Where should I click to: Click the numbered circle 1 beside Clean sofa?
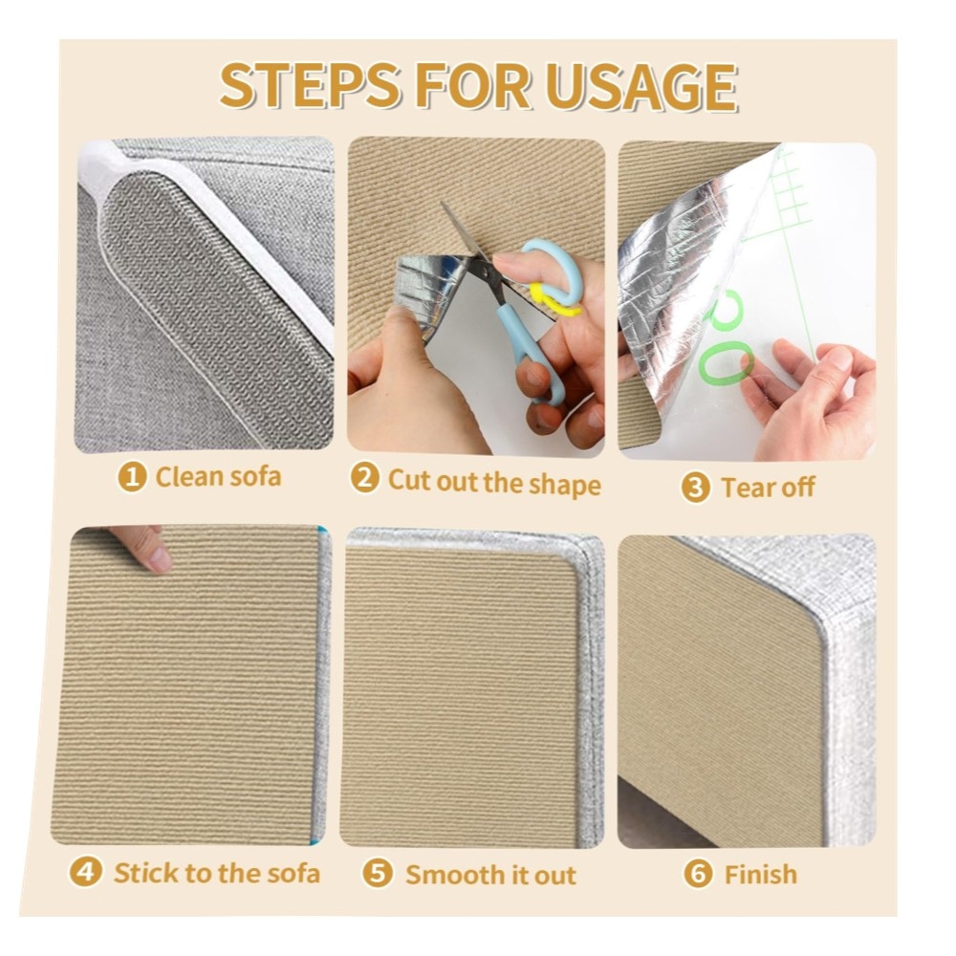coord(132,476)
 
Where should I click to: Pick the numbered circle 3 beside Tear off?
coord(696,488)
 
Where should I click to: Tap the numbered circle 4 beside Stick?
coord(85,872)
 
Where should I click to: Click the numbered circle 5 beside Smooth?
coord(378,873)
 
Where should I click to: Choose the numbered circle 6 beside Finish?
coord(698,873)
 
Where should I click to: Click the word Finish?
coord(761,875)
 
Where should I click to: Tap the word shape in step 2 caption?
coord(565,485)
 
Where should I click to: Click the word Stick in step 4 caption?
coord(146,873)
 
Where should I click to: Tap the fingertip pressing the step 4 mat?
coord(159,559)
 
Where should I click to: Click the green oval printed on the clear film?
coord(726,362)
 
